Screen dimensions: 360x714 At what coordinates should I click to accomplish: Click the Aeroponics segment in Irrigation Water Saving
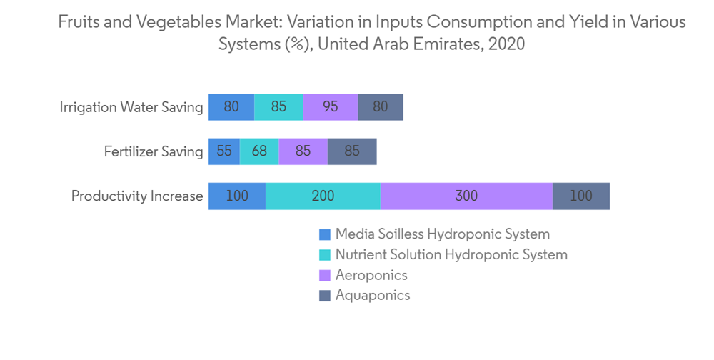point(330,107)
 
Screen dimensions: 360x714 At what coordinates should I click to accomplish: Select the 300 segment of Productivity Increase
point(466,196)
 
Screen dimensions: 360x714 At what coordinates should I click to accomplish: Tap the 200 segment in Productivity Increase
point(323,196)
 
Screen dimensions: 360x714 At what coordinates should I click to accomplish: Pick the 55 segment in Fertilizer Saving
point(224,151)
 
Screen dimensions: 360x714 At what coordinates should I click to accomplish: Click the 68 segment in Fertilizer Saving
point(259,151)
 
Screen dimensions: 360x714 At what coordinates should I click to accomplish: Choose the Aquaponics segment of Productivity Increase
point(581,196)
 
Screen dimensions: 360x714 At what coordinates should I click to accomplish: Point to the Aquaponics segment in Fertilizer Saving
point(352,151)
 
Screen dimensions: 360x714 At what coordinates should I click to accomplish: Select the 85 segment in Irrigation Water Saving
point(278,107)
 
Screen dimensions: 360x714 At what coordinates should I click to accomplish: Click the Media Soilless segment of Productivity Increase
point(237,196)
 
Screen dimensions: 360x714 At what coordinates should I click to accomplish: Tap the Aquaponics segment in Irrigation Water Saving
point(381,107)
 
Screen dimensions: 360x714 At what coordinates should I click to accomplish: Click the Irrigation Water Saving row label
point(131,108)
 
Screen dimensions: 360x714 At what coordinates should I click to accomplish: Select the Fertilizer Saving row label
point(154,152)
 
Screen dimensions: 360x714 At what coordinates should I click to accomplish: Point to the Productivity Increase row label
point(137,196)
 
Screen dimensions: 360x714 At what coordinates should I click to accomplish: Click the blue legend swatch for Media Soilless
point(325,234)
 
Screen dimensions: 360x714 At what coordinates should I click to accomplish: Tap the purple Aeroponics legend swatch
point(325,275)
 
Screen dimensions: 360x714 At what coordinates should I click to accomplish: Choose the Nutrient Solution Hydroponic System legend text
point(451,254)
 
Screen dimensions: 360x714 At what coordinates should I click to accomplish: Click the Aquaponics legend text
point(373,295)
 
